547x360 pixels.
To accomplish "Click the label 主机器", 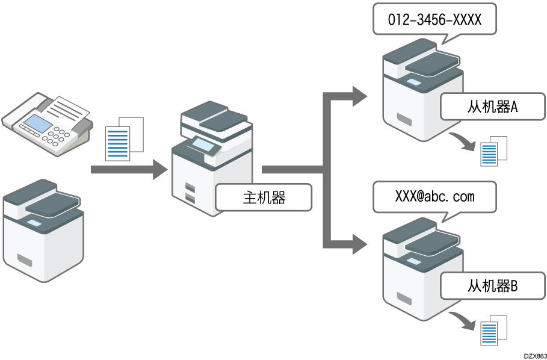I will coord(264,198).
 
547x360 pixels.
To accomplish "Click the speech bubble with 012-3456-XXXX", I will coord(434,20).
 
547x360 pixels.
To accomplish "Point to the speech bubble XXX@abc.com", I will coord(434,197).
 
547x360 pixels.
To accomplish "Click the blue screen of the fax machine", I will coord(37,124).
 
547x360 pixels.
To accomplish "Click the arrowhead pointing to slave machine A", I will coord(359,95).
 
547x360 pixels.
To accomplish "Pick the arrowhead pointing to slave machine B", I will coord(359,245).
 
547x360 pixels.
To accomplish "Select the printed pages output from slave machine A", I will coord(493,151).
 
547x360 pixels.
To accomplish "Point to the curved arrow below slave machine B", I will coord(464,320).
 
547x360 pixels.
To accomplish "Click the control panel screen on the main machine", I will coord(202,144).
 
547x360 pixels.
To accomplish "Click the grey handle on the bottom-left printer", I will coord(25,260).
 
